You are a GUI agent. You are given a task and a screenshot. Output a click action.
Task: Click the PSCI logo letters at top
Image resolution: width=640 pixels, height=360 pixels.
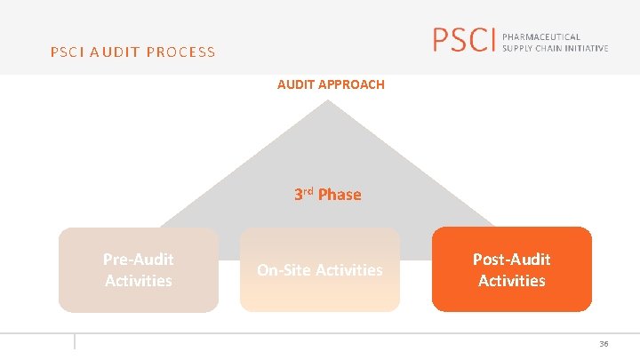pos(462,40)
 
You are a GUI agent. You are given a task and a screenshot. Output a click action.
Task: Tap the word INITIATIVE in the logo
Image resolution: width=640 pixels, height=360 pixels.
pos(582,47)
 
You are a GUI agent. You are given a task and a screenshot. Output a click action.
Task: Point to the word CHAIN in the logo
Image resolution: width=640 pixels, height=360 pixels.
pos(549,47)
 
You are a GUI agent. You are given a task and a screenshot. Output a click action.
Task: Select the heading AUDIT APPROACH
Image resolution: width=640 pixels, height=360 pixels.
pos(331,84)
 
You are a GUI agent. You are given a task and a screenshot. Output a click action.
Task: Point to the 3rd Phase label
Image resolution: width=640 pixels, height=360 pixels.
pos(327,194)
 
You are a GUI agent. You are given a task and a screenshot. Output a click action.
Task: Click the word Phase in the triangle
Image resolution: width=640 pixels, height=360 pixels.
pos(340,195)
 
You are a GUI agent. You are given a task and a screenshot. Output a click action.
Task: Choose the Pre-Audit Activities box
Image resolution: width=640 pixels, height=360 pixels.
pos(139,269)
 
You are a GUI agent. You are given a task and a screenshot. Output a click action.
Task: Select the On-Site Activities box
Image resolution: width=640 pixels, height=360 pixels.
pos(320,269)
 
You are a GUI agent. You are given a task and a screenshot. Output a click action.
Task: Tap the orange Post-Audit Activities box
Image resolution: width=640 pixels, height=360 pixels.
pos(511,269)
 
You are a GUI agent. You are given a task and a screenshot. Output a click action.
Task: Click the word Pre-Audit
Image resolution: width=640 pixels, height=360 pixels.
pos(139,260)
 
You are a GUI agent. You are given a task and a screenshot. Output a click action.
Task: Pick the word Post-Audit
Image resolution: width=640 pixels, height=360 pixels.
pos(511,260)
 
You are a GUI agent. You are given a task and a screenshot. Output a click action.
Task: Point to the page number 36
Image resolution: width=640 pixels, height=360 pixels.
pos(604,344)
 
